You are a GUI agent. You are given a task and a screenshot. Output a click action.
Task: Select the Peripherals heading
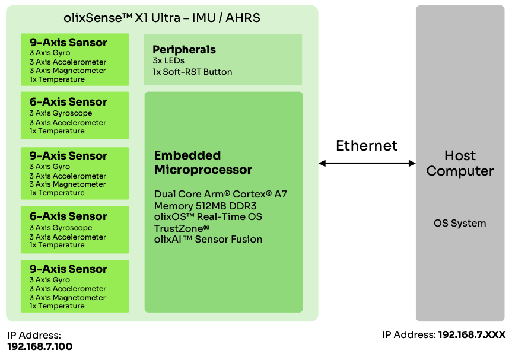(184, 50)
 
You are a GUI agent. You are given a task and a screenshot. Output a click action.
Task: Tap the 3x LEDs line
(168, 60)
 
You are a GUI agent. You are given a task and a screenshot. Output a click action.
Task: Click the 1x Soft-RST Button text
(192, 72)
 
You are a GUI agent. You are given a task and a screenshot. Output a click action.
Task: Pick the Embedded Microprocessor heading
(203, 163)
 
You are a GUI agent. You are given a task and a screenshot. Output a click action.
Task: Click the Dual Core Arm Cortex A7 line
(221, 194)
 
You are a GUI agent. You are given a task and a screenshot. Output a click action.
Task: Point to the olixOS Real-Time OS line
(208, 216)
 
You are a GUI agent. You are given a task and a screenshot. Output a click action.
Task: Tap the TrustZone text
(182, 228)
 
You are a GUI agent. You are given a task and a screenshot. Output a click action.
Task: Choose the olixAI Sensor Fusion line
(208, 239)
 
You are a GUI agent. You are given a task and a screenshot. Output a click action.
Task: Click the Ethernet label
(367, 146)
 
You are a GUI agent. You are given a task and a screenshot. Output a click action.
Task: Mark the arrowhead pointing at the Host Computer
(412, 163)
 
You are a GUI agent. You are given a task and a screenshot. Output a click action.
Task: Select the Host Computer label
(460, 163)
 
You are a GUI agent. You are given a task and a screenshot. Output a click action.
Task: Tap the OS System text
(460, 224)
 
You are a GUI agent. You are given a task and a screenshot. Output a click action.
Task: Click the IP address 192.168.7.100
(40, 346)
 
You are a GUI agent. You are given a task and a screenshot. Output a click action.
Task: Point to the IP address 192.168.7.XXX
(472, 335)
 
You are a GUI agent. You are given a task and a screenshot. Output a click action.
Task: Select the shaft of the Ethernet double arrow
(367, 163)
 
